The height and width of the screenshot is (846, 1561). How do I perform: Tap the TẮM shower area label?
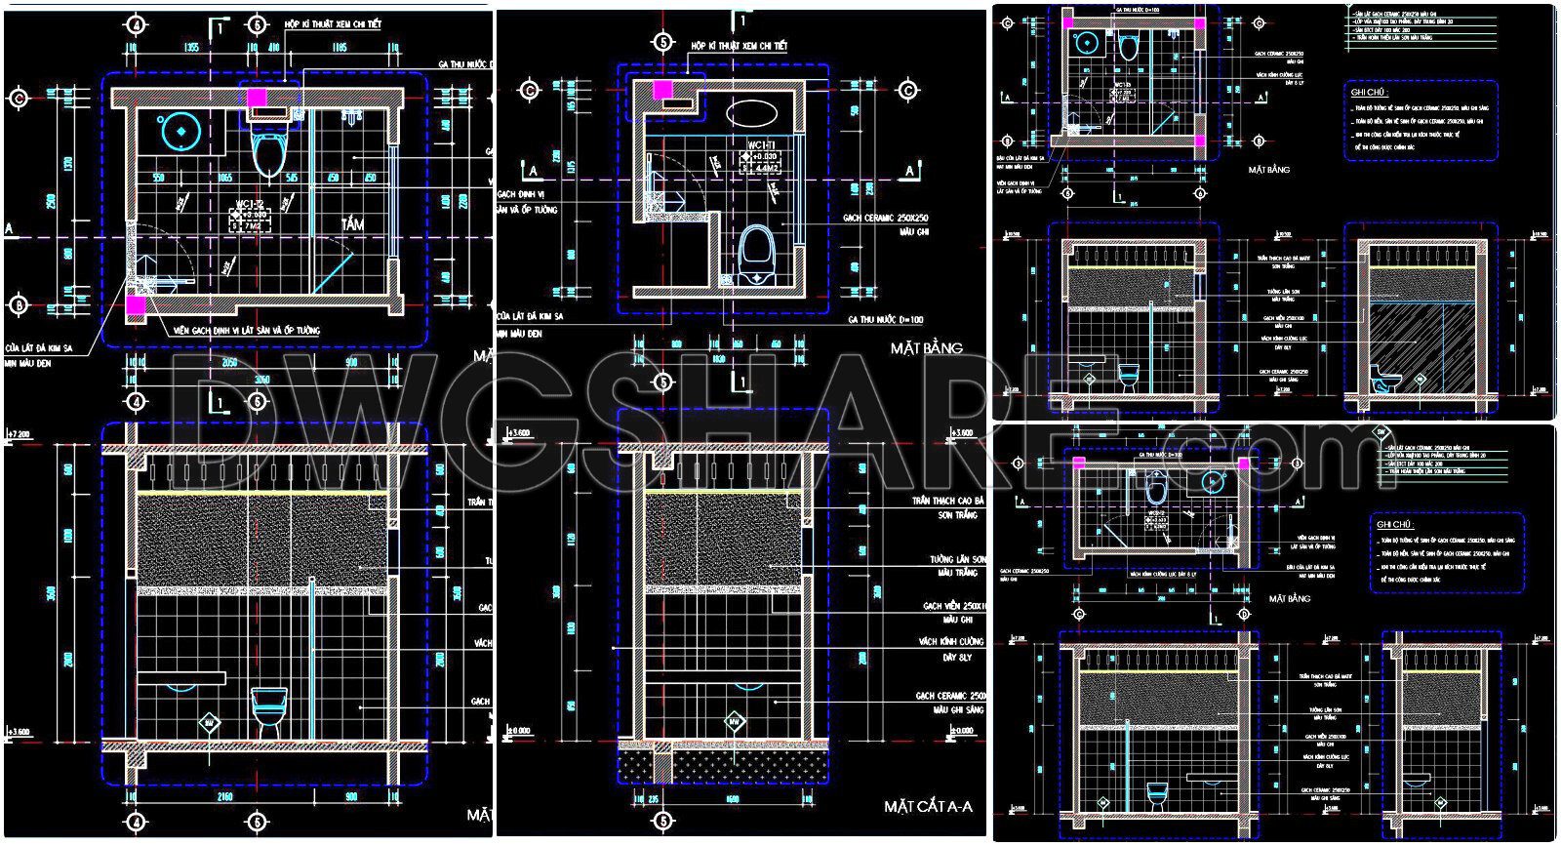pyautogui.click(x=352, y=224)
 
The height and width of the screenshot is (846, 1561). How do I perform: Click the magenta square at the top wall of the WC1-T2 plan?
pyautogui.click(x=258, y=97)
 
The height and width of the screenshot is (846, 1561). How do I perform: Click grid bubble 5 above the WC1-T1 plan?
pyautogui.click(x=664, y=42)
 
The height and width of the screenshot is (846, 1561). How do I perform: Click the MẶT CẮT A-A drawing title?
pyautogui.click(x=929, y=806)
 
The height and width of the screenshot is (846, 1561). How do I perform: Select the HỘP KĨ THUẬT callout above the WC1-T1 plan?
pyautogui.click(x=739, y=46)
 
